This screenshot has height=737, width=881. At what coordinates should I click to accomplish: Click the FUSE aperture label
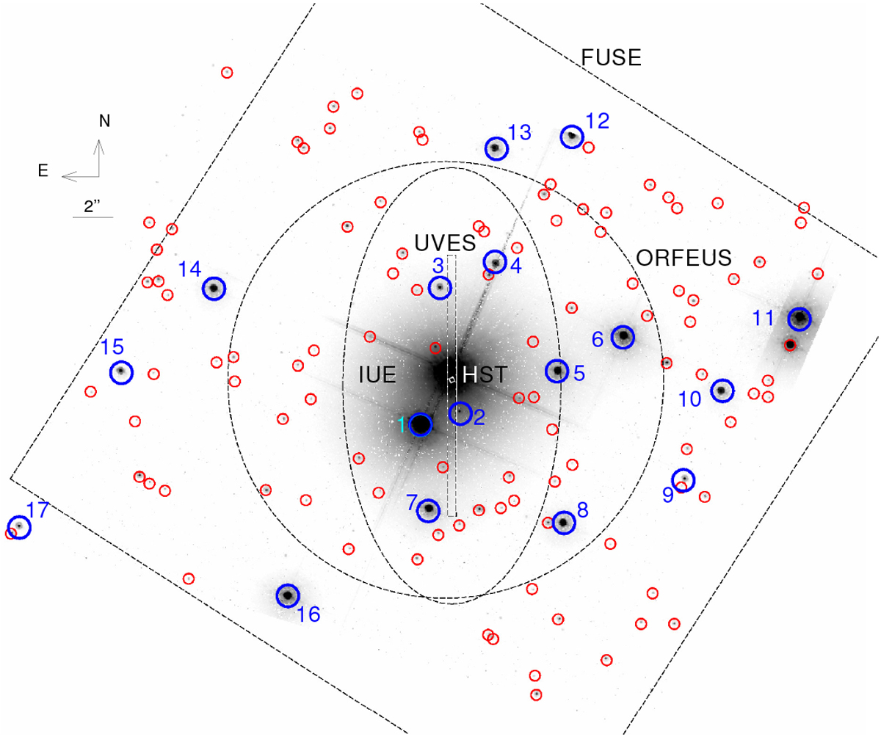(612, 57)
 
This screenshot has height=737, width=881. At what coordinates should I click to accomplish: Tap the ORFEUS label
(684, 258)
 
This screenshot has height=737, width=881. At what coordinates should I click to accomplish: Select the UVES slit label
(445, 242)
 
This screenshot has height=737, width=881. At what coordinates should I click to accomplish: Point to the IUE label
(377, 374)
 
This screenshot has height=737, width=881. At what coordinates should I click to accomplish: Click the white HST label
(485, 374)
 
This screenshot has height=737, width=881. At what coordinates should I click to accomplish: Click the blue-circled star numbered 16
(288, 595)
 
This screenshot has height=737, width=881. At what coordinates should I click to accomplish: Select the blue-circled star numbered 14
(214, 288)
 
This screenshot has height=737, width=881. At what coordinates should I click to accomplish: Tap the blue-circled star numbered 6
(623, 337)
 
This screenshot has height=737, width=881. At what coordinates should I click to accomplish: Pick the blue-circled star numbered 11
(800, 319)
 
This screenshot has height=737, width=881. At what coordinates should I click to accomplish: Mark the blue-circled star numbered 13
(496, 148)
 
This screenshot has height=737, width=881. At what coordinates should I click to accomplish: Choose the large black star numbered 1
(421, 424)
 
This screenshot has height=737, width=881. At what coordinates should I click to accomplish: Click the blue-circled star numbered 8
(564, 523)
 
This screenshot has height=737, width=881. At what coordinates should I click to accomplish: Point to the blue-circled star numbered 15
(122, 372)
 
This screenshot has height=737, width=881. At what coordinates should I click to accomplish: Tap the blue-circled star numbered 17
(19, 527)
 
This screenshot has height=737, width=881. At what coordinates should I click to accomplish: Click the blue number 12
(598, 122)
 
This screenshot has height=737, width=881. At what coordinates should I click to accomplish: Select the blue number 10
(689, 399)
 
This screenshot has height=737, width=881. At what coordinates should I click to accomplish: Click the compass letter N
(105, 122)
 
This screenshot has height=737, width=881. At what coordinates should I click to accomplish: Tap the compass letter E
(43, 171)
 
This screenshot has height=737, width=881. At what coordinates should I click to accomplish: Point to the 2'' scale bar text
(92, 206)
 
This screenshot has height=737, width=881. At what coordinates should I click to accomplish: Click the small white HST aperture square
(452, 380)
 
